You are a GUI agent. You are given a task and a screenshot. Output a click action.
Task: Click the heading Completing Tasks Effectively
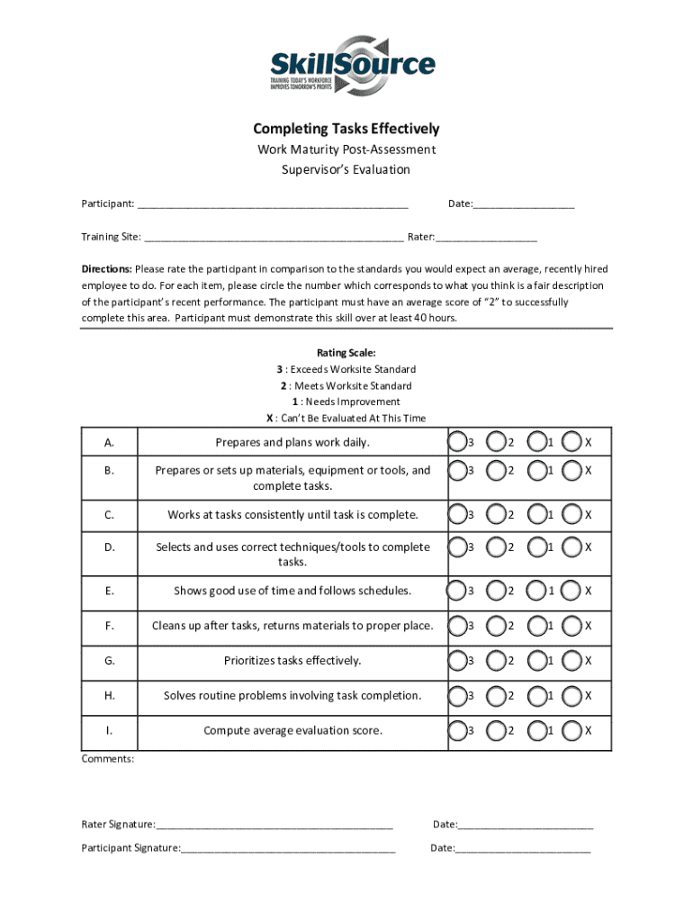tap(346, 130)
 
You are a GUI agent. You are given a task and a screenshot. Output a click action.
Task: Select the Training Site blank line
tap(274, 240)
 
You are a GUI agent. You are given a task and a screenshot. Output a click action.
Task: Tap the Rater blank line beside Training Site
tap(486, 240)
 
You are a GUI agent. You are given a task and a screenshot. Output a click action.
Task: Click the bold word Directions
tap(107, 269)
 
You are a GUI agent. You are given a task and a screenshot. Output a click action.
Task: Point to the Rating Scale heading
tap(346, 353)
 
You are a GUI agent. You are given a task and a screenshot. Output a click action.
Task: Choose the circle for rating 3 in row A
tap(457, 442)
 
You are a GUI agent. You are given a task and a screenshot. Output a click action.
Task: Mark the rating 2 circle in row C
tap(496, 515)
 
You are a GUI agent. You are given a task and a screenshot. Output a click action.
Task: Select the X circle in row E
tap(571, 591)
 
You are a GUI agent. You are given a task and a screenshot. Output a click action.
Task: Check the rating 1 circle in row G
tap(537, 661)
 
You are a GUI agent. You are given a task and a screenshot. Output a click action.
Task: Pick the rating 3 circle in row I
tap(457, 730)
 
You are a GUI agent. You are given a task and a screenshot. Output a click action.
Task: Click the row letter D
tap(109, 547)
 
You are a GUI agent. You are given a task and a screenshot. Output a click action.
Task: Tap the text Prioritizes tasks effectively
tap(292, 661)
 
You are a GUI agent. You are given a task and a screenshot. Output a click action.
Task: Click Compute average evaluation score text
tap(292, 730)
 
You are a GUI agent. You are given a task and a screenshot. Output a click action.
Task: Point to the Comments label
tap(107, 759)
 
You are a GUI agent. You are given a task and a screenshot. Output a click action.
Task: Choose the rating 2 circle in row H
tap(496, 696)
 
